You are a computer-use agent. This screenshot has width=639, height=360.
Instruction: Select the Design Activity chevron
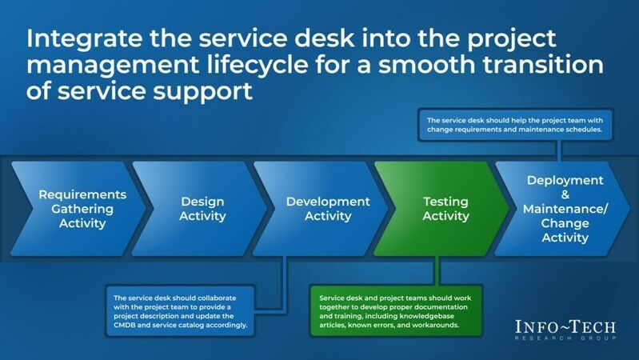click(x=192, y=209)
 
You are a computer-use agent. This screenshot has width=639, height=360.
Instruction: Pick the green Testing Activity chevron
click(x=441, y=209)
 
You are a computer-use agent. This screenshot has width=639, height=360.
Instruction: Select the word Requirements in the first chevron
click(x=82, y=194)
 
